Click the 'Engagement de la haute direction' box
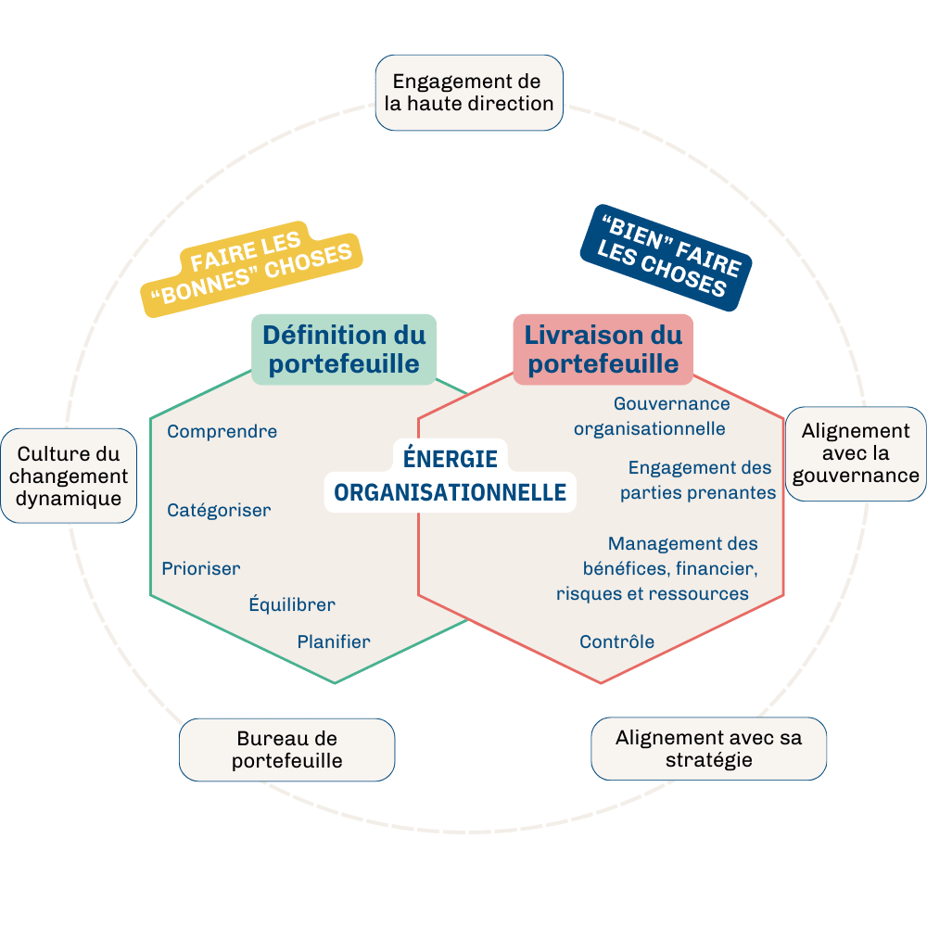click(469, 93)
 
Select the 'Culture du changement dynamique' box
click(70, 476)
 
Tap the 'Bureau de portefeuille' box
click(286, 750)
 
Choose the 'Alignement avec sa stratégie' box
click(708, 749)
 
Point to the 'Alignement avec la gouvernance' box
click(856, 453)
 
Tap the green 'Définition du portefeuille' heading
click(344, 349)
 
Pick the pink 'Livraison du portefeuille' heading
click(603, 349)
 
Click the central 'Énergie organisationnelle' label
click(451, 476)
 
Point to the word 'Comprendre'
click(222, 431)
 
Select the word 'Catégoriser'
click(219, 510)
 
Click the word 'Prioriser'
click(200, 568)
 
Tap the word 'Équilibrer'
click(291, 604)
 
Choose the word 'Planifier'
click(334, 641)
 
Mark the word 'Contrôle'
click(616, 641)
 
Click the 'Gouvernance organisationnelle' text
click(651, 416)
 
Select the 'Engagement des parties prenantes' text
click(698, 480)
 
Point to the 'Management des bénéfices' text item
click(658, 568)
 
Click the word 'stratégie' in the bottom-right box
click(708, 761)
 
